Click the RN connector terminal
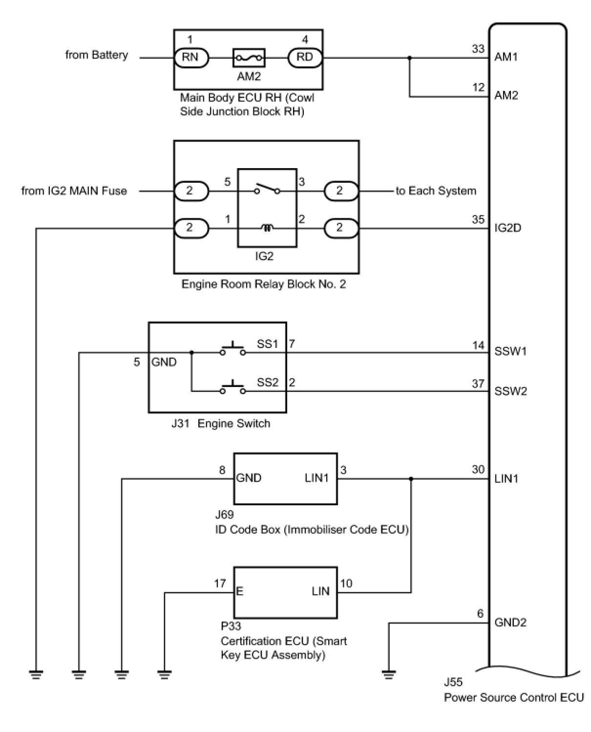tap(190, 58)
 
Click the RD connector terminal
tap(305, 58)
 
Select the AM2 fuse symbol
tap(249, 58)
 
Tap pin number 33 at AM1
tap(478, 49)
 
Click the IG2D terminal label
tap(508, 228)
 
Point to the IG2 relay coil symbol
tap(267, 228)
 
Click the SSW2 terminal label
tap(510, 391)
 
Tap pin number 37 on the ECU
tap(478, 384)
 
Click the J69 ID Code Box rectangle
tap(285, 478)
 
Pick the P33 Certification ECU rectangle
tap(285, 592)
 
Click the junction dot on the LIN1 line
tap(411, 479)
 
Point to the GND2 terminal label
tap(510, 623)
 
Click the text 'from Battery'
tap(97, 55)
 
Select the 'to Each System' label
tap(436, 191)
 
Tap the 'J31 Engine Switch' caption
tap(220, 423)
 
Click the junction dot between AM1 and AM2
tap(409, 58)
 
